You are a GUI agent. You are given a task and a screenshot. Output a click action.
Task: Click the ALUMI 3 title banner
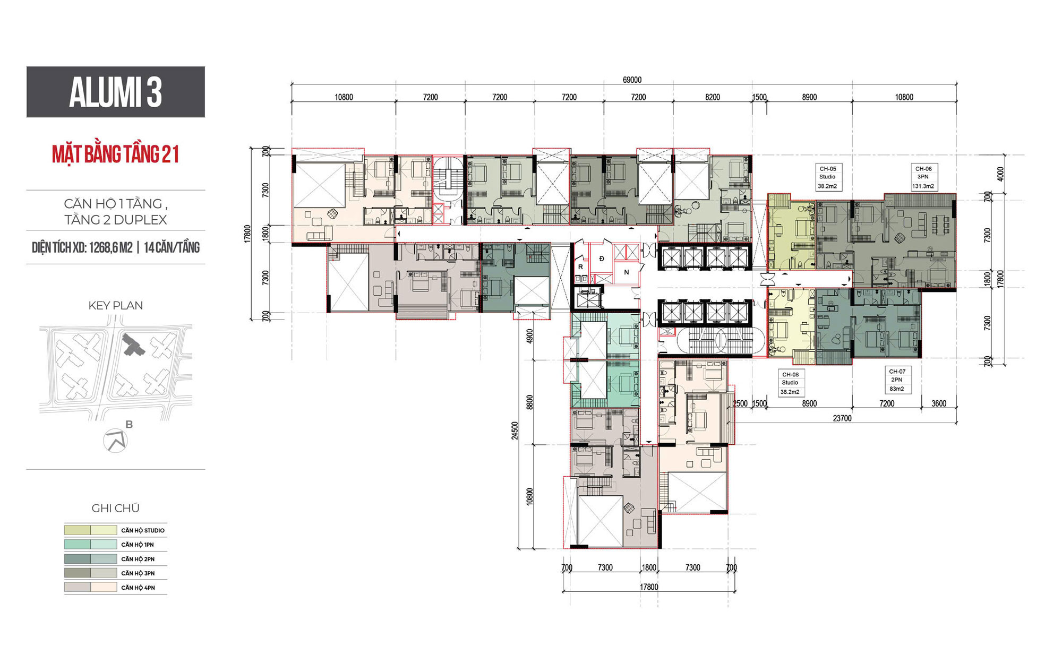(x=116, y=92)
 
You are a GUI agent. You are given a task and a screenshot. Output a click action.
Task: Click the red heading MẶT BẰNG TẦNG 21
(x=116, y=154)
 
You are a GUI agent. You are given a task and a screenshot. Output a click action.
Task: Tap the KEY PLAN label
(x=116, y=305)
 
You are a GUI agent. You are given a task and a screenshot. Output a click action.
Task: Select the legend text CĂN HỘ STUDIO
(x=143, y=530)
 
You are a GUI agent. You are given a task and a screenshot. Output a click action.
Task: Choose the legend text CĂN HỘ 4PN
(x=138, y=588)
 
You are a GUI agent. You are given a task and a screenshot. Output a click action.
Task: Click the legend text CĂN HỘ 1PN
(x=138, y=545)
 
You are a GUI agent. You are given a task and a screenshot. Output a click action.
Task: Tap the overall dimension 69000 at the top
(x=632, y=80)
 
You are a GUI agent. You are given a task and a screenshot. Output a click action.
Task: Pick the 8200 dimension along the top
(x=713, y=97)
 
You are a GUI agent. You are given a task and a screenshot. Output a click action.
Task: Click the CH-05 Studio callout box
(x=827, y=177)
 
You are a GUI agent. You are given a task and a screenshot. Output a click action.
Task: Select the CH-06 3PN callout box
(x=923, y=177)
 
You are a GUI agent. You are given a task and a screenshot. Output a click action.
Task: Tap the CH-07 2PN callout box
(x=897, y=380)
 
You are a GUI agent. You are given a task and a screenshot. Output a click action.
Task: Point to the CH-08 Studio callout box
(x=790, y=383)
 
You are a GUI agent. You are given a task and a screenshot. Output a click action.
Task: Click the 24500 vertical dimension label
(x=514, y=430)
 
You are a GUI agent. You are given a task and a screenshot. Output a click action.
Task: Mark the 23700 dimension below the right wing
(x=842, y=418)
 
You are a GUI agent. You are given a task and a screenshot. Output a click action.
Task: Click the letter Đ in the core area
(x=602, y=259)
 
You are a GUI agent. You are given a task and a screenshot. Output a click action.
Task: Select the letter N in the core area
(x=627, y=272)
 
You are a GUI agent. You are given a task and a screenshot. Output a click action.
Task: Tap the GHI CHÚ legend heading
(x=116, y=508)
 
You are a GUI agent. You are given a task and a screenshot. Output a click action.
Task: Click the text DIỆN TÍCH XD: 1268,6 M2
(x=82, y=247)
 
